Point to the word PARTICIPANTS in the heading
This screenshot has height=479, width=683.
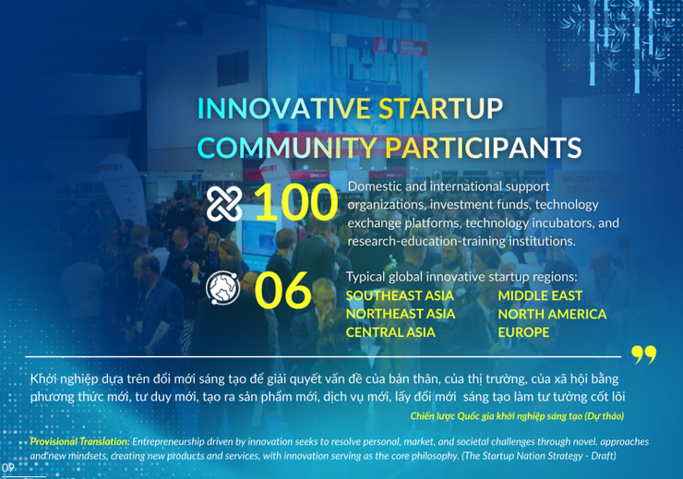click(484, 149)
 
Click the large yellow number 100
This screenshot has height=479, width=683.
click(294, 204)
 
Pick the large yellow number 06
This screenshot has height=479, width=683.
click(282, 291)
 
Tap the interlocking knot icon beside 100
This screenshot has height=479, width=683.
click(224, 204)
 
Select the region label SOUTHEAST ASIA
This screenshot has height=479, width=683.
click(400, 296)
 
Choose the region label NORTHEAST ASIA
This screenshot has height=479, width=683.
click(400, 314)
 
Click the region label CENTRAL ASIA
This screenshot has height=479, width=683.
click(390, 332)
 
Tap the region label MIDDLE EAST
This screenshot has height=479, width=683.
click(540, 296)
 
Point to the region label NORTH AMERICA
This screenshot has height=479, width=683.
click(552, 314)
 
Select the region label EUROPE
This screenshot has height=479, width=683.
click(523, 332)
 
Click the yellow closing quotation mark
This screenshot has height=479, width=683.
click(643, 355)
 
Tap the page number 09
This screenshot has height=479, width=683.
click(7, 467)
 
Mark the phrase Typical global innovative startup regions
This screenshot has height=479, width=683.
click(461, 277)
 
